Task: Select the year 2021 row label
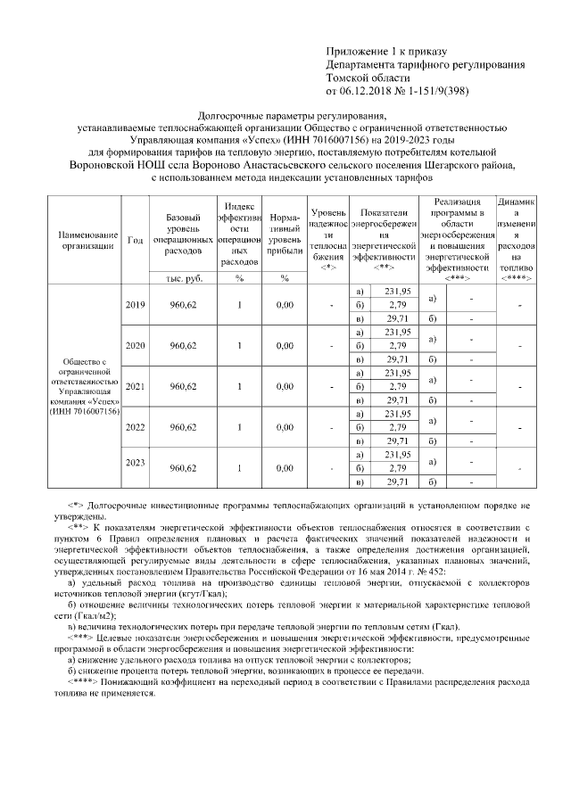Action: coord(135,386)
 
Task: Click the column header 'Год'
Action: coord(135,240)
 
